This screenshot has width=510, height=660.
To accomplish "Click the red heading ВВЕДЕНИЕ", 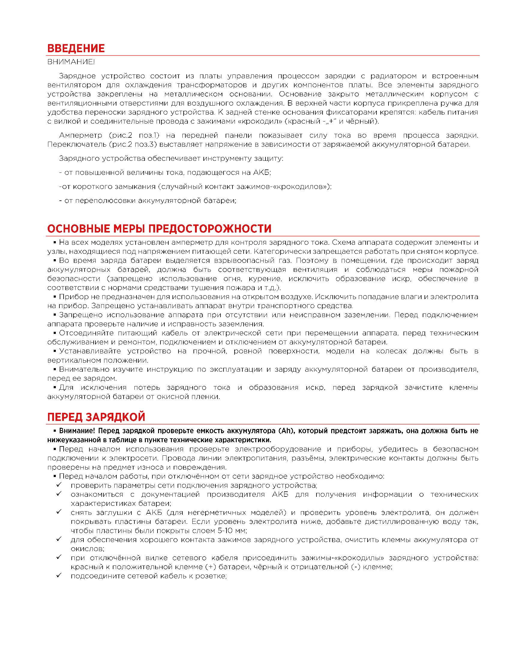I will pyautogui.click(x=76, y=48).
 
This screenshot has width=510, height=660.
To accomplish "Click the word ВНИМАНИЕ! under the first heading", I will pyautogui.click(x=71, y=62).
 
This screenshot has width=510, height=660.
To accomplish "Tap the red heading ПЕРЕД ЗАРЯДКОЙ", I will pyautogui.click(x=96, y=417).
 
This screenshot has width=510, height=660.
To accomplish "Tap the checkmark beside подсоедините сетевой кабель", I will pyautogui.click(x=58, y=575).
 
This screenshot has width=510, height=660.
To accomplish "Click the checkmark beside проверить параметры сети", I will pyautogui.click(x=58, y=485).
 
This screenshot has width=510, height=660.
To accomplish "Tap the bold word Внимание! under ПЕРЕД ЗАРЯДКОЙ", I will pyautogui.click(x=76, y=430).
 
